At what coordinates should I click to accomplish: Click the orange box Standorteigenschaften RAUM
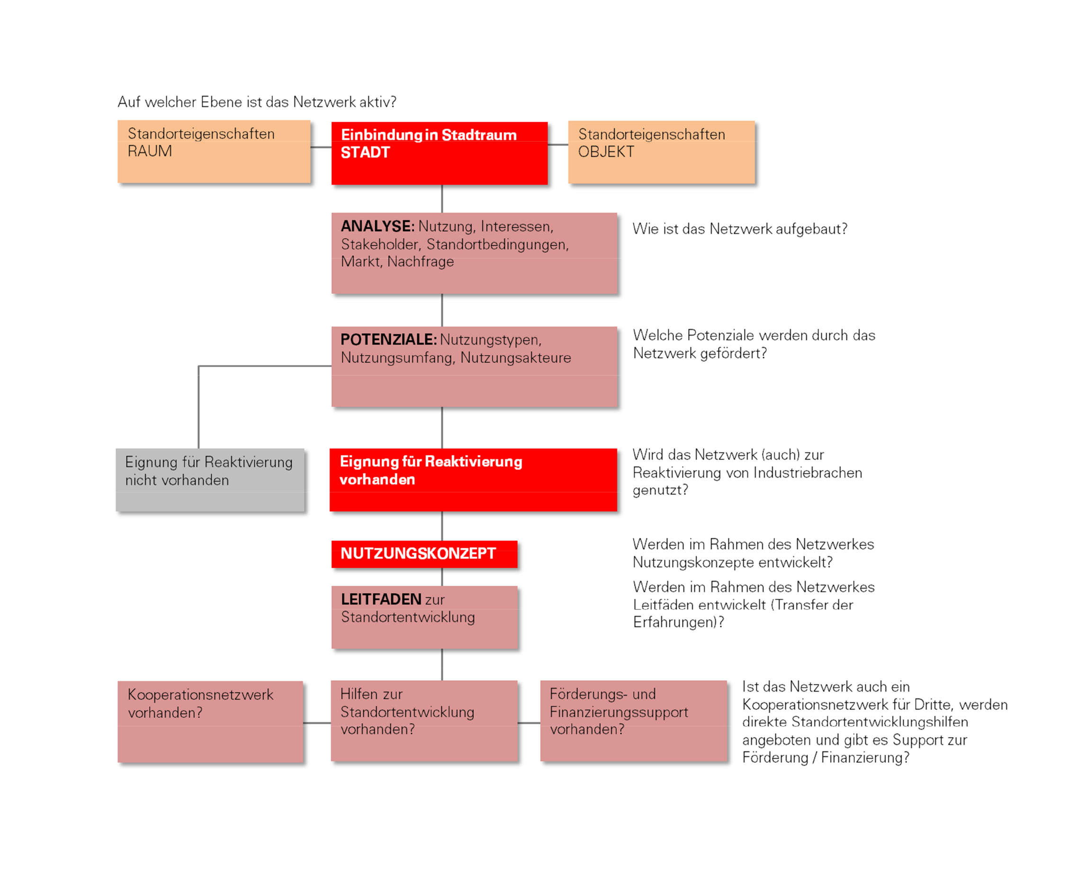pos(214,152)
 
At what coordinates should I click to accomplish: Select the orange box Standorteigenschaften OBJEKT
pos(661,152)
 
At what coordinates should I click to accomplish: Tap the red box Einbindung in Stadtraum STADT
pos(440,153)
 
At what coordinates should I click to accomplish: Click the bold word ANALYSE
pos(377,226)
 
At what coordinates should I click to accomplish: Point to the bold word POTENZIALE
pos(388,340)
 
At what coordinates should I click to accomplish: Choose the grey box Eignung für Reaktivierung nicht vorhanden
pos(210,480)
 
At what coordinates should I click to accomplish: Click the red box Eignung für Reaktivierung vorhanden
pos(473,480)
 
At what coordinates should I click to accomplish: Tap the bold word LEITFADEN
pos(381,599)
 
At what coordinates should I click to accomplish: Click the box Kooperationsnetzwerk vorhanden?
pos(210,722)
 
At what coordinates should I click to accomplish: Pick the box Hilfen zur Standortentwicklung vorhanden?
pos(424,721)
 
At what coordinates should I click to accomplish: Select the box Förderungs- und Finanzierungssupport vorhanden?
pos(633,721)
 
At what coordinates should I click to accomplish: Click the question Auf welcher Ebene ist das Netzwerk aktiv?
pos(257,102)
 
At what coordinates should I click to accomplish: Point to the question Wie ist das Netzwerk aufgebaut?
pos(740,229)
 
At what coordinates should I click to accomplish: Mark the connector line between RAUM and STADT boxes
pos(321,147)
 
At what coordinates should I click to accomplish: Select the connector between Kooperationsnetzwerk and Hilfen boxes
pos(317,723)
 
